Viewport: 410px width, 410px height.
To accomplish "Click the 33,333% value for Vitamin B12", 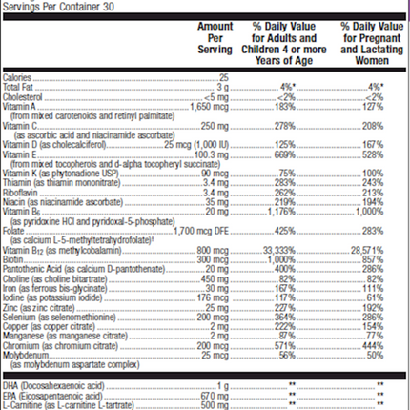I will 279,248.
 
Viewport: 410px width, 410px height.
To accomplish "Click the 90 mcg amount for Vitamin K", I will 217,174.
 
